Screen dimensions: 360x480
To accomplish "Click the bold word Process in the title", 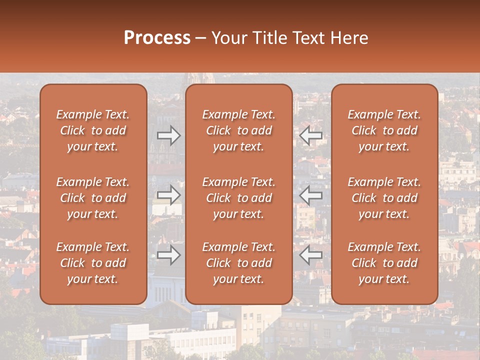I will (157, 38).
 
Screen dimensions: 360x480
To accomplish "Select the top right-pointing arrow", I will (169, 135).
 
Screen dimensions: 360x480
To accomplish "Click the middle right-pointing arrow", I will (169, 195).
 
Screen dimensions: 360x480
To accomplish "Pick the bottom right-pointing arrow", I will (169, 255).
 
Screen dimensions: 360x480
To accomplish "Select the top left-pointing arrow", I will (311, 135).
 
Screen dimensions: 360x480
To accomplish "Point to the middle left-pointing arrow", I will (311, 195).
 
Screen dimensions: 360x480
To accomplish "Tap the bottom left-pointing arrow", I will (311, 255).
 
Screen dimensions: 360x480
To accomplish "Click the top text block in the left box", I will (93, 130).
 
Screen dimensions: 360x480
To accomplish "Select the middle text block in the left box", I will (93, 198).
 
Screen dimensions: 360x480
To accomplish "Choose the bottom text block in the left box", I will (93, 263).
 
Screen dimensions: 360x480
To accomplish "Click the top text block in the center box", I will (239, 130).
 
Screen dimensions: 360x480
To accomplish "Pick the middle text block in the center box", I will (239, 198).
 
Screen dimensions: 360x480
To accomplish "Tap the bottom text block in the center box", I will (239, 263).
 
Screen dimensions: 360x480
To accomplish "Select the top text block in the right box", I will (384, 130).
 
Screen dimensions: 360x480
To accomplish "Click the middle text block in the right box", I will (384, 198).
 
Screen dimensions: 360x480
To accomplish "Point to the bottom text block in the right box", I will (384, 263).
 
